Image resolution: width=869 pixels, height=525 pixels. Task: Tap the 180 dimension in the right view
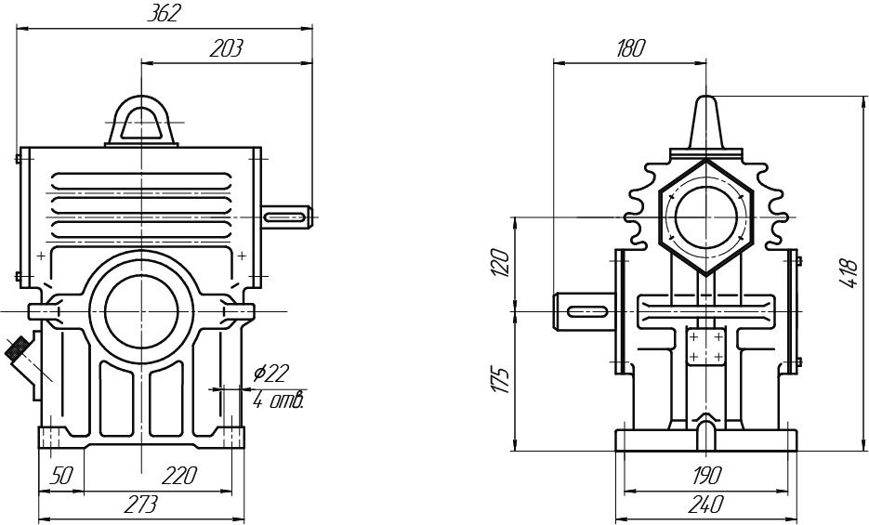click(629, 49)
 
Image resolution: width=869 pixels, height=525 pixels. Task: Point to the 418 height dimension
click(848, 273)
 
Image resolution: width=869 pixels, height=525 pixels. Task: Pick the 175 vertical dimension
click(499, 380)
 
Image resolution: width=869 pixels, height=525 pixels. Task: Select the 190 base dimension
click(705, 476)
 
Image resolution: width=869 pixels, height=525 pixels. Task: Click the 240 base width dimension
click(705, 505)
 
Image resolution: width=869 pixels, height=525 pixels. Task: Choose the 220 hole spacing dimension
click(178, 476)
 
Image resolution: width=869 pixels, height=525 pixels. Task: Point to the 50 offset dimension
click(60, 476)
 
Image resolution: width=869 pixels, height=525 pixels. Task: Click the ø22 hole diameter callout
click(271, 373)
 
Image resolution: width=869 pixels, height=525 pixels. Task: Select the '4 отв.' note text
click(280, 400)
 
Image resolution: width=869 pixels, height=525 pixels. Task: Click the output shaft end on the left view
click(288, 217)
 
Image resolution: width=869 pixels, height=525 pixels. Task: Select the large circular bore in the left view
click(141, 309)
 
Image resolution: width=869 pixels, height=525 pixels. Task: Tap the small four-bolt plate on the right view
click(706, 348)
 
